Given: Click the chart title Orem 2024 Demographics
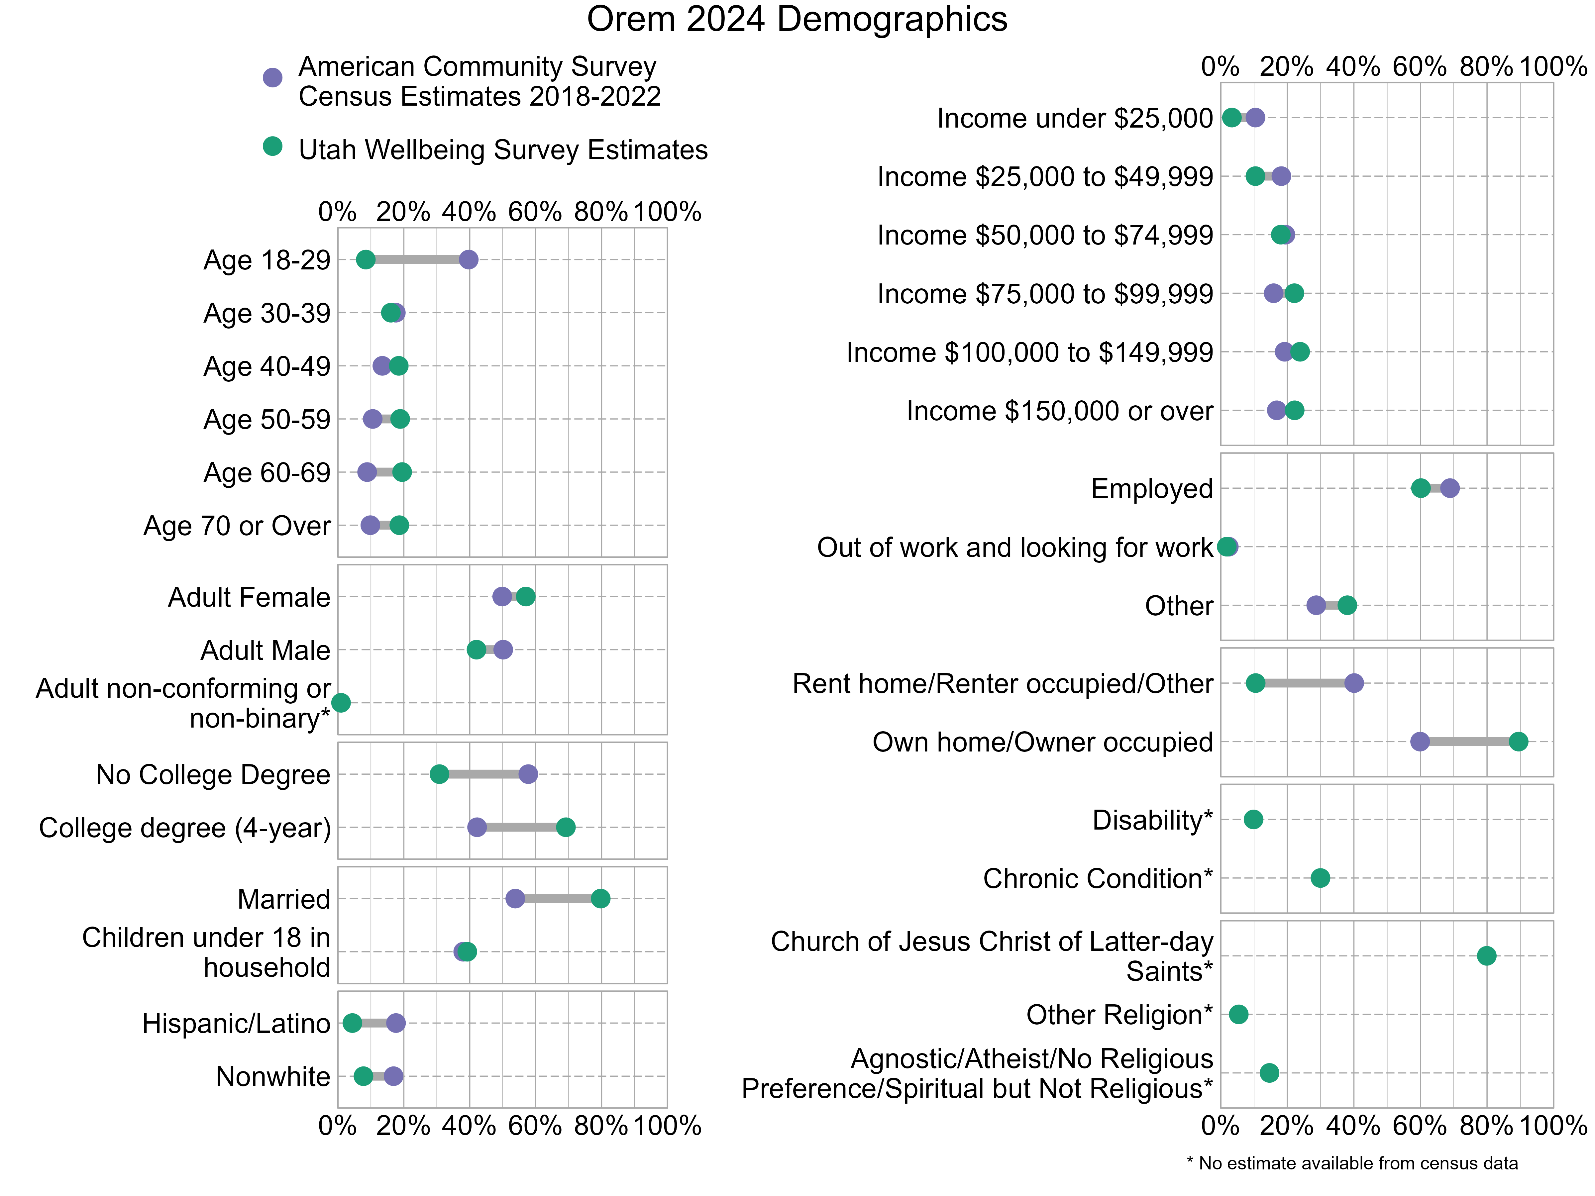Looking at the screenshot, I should (797, 20).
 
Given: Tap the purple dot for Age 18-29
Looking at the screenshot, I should (469, 259).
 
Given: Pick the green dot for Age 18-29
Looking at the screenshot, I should (366, 259).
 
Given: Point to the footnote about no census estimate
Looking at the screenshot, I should (1352, 1163).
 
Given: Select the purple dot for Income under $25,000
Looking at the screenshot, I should (1255, 118).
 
